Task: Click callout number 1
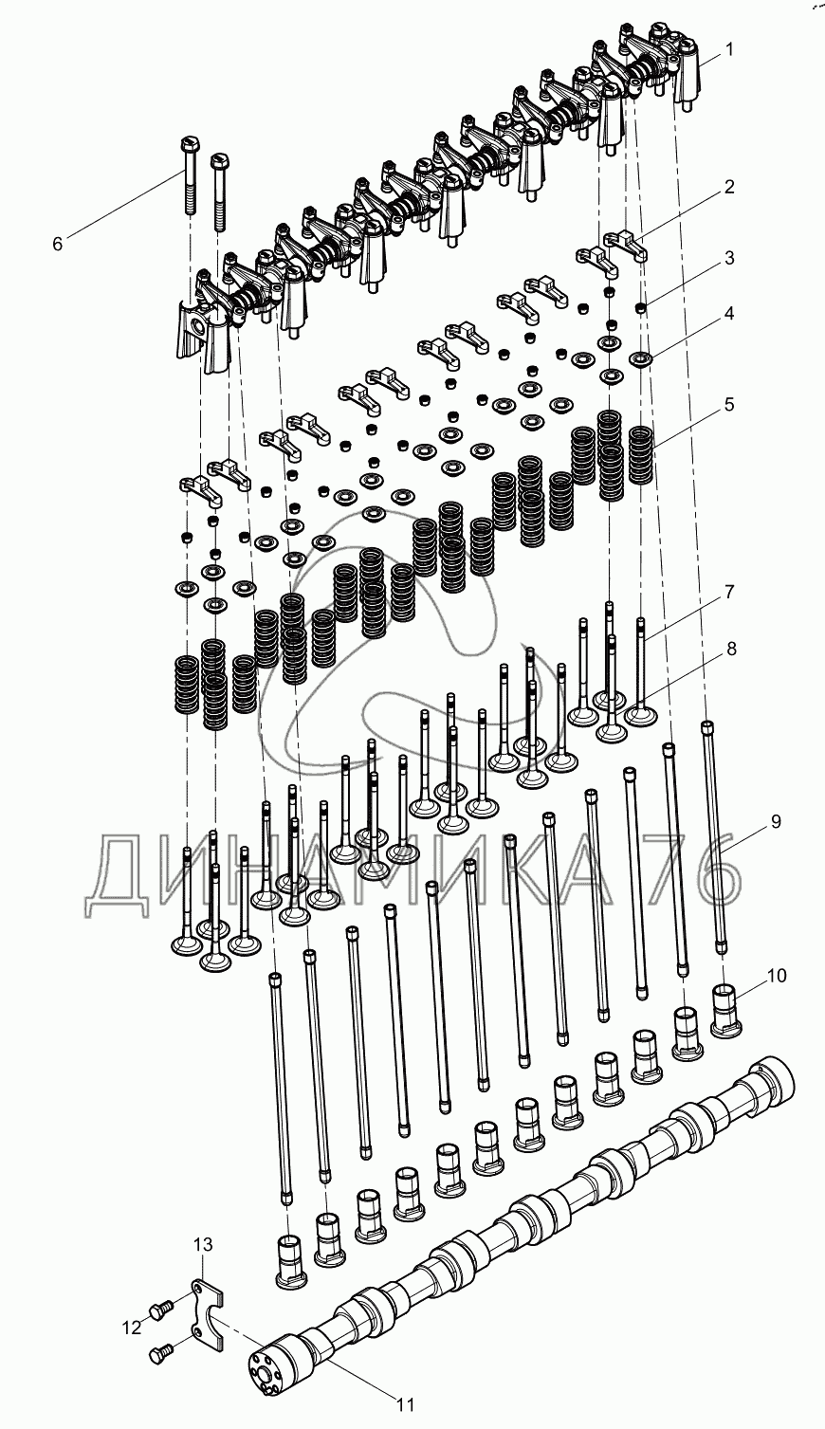[x=729, y=50]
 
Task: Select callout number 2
[x=728, y=187]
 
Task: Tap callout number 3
[x=728, y=258]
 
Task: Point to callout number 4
[x=728, y=314]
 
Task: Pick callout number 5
[x=728, y=405]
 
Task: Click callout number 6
[x=58, y=244]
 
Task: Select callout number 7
[x=729, y=592]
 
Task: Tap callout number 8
[x=731, y=649]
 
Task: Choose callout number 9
[x=776, y=822]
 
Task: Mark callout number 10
[x=778, y=976]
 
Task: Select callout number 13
[x=203, y=1245]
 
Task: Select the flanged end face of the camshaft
[x=266, y=1362]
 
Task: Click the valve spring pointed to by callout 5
[x=642, y=455]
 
